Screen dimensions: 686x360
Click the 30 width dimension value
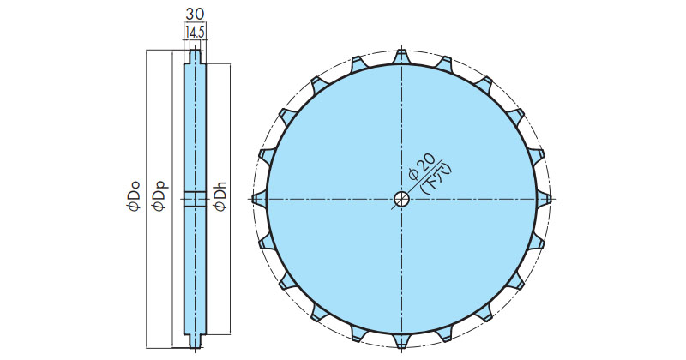tap(195, 14)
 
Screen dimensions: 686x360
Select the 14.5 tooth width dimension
tap(196, 33)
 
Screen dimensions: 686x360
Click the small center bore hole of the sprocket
tap(401, 199)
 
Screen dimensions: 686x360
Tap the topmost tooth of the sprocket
tap(401, 57)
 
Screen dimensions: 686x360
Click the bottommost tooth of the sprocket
tap(401, 342)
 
